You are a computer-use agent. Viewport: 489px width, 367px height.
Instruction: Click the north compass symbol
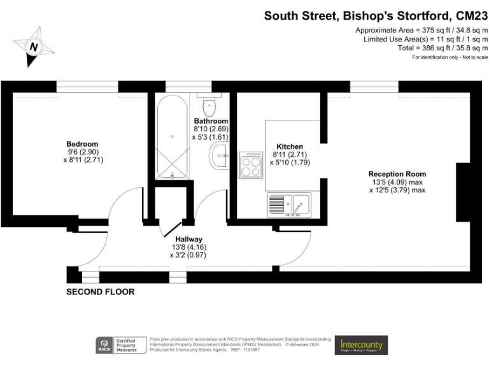click(34, 47)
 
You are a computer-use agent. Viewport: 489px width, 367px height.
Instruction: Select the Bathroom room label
click(211, 120)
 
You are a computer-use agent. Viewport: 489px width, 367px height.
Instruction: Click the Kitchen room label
click(290, 147)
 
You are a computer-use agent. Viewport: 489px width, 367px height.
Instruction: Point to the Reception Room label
click(397, 174)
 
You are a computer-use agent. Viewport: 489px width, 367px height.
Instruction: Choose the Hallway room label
click(188, 239)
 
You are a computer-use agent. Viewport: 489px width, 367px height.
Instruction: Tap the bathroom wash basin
click(219, 155)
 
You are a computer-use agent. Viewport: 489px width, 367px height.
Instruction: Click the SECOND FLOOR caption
click(101, 292)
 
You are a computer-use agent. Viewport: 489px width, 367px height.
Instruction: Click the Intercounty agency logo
click(360, 345)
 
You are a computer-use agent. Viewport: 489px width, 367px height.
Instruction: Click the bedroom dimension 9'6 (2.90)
click(83, 152)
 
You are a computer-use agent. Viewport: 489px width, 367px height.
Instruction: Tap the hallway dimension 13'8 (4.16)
click(188, 247)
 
